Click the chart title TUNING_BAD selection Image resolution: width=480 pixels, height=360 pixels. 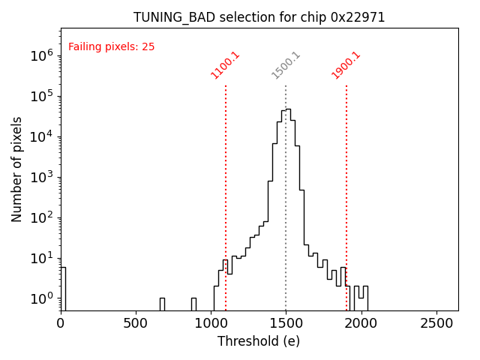pyautogui.click(x=259, y=17)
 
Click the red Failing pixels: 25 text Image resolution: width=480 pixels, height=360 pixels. pyautogui.click(x=111, y=47)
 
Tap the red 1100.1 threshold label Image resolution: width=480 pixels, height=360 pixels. pyautogui.click(x=225, y=65)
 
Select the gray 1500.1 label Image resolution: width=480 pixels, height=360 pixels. pyautogui.click(x=286, y=65)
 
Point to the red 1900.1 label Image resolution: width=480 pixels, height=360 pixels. pyautogui.click(x=346, y=65)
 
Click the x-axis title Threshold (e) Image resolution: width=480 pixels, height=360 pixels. pyautogui.click(x=259, y=341)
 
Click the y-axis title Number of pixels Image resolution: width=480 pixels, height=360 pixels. pyautogui.click(x=17, y=169)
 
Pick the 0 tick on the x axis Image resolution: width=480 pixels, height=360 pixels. pyautogui.click(x=61, y=322)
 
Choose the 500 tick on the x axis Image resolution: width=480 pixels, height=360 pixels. pyautogui.click(x=136, y=322)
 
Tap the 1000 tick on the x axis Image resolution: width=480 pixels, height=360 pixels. pyautogui.click(x=211, y=322)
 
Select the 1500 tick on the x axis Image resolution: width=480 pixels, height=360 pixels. pyautogui.click(x=286, y=322)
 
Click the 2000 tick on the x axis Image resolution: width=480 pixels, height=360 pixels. pyautogui.click(x=361, y=322)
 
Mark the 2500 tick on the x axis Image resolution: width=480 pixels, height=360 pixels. pyautogui.click(x=436, y=322)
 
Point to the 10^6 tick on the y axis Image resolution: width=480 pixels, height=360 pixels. pyautogui.click(x=42, y=55)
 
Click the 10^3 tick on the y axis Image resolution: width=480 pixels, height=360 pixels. pyautogui.click(x=42, y=177)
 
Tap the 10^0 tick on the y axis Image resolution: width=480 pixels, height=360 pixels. pyautogui.click(x=42, y=298)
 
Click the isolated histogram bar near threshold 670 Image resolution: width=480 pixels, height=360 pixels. pyautogui.click(x=162, y=304)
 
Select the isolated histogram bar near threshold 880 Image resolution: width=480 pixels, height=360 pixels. pyautogui.click(x=193, y=304)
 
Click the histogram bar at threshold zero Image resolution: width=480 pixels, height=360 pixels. pyautogui.click(x=63, y=289)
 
